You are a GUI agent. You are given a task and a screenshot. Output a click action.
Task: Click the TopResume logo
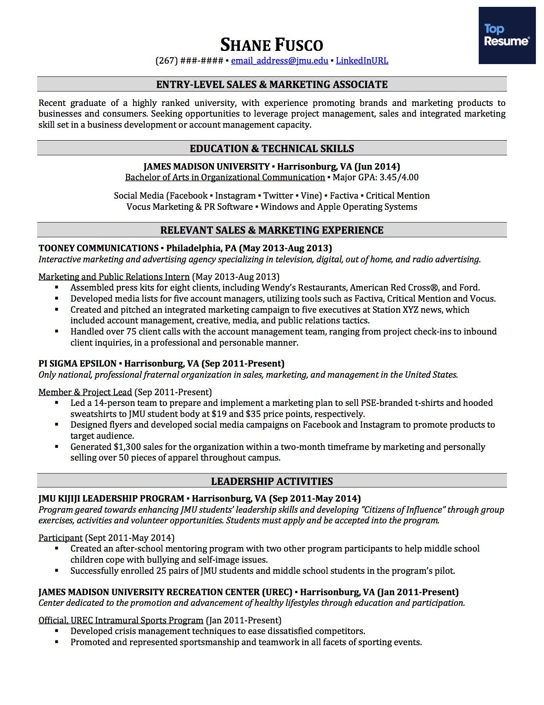click(506, 35)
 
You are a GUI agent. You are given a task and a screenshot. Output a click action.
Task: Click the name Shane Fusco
click(272, 45)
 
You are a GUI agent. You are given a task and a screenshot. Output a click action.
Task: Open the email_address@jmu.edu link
click(279, 61)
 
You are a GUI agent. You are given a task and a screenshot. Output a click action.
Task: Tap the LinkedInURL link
click(362, 61)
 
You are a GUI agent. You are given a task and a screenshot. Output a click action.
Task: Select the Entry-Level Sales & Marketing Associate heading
click(272, 85)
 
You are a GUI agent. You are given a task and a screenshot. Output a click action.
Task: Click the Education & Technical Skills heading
click(272, 149)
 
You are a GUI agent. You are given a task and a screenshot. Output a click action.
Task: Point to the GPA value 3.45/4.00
click(399, 177)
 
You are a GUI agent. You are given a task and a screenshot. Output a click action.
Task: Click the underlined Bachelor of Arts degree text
click(225, 177)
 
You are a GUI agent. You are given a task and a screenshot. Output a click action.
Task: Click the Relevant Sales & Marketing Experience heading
click(272, 230)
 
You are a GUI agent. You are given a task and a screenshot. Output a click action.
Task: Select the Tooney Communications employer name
click(99, 248)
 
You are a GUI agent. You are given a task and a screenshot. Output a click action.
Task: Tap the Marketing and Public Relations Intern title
click(114, 277)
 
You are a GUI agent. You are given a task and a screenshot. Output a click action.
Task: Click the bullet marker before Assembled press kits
click(57, 288)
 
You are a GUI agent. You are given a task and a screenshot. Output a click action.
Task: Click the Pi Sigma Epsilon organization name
click(77, 364)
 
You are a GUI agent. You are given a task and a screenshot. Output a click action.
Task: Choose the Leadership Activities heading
click(272, 482)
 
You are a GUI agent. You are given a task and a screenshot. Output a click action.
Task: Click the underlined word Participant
click(60, 538)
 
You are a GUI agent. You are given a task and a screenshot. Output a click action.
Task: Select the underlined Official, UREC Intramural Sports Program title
click(121, 620)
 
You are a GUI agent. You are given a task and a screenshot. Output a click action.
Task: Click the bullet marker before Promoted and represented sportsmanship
click(57, 642)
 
